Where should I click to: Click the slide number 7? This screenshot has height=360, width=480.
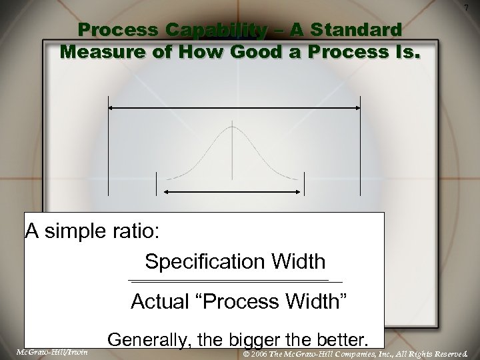pos(465,7)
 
